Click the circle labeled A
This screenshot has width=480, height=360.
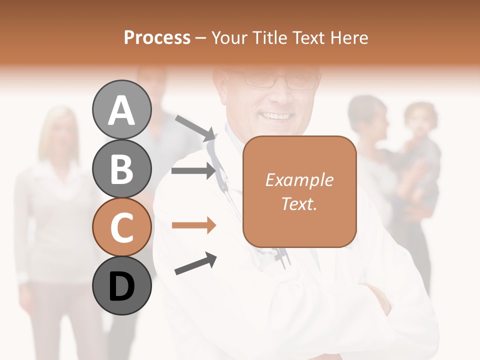(121, 110)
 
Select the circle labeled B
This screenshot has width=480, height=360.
(121, 168)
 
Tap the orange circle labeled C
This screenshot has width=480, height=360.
(121, 227)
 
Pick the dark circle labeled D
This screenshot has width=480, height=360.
(121, 285)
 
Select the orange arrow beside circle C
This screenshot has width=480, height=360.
(194, 225)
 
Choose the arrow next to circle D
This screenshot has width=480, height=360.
(195, 264)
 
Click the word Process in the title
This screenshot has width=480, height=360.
(157, 37)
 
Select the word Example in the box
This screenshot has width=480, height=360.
(299, 180)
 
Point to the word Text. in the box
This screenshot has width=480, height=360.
(299, 203)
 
